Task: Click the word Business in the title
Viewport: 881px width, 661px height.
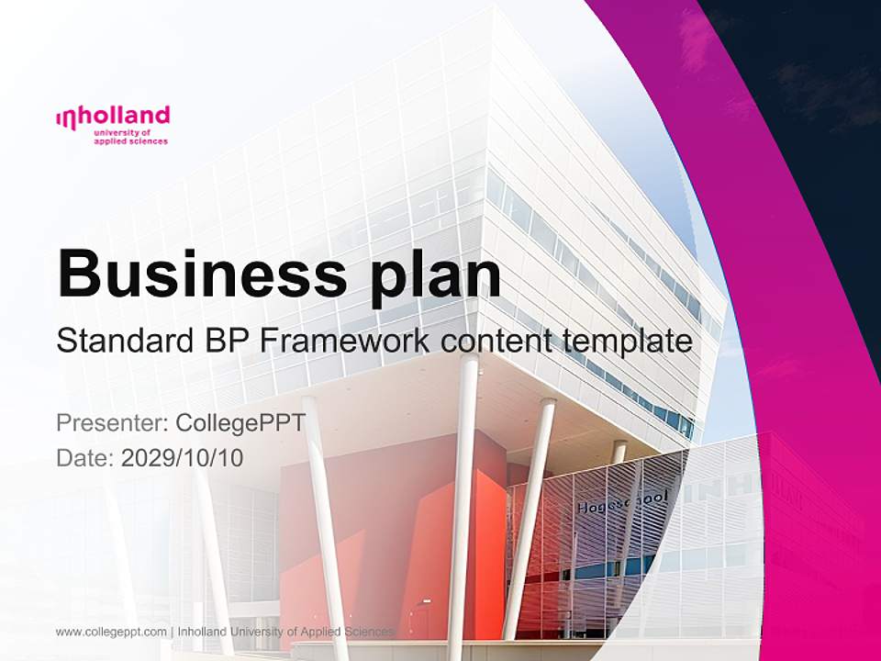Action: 194,273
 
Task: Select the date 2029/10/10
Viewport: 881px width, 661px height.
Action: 183,458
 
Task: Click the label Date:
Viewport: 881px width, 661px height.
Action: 84,458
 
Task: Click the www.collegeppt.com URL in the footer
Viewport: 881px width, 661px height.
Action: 111,632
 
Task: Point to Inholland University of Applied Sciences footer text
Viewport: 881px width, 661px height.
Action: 285,632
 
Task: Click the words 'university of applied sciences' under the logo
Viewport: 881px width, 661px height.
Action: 130,138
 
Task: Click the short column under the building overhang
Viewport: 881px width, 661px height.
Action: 619,451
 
